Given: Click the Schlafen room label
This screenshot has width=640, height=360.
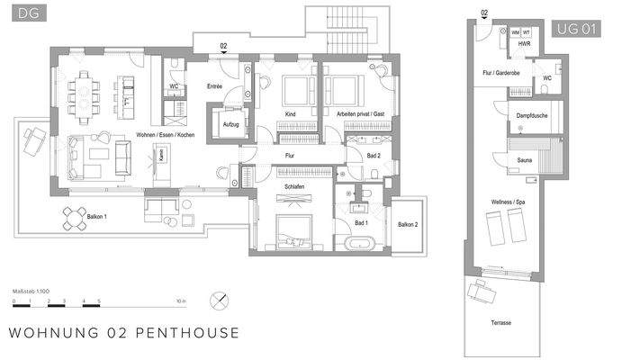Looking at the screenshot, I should pyautogui.click(x=294, y=185).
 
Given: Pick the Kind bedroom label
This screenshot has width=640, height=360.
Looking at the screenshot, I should pyautogui.click(x=291, y=115).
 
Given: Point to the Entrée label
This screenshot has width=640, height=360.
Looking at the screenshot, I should pyautogui.click(x=214, y=87).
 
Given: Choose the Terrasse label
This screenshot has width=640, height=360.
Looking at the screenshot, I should pyautogui.click(x=502, y=321).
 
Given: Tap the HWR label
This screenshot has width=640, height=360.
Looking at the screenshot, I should pyautogui.click(x=523, y=44).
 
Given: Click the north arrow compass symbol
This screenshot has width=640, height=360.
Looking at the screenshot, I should pyautogui.click(x=217, y=301).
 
